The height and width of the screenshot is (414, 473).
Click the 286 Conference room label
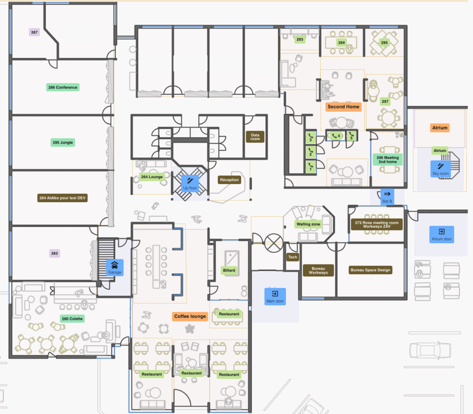pos(63,87)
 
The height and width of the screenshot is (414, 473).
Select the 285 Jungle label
pos(63,143)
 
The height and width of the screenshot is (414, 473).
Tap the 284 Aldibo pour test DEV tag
pos(62,198)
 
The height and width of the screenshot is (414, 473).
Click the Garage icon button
pos(115,268)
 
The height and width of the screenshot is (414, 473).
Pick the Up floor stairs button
pos(190,184)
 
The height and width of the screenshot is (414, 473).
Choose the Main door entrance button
pos(275,296)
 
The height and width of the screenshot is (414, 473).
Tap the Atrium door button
pos(442,234)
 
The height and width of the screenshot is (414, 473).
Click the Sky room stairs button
pos(440,169)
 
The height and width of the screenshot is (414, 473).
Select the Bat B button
pos(388,197)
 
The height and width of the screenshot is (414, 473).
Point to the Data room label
pos(255,137)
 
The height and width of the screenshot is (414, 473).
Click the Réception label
pos(229,180)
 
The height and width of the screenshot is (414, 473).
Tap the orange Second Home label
pos(343,107)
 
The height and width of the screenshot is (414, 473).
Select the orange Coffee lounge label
pos(190,316)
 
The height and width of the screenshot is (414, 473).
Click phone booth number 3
pos(310,138)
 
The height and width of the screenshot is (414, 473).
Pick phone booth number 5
pos(352,136)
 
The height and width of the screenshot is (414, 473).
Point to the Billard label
pos(229,270)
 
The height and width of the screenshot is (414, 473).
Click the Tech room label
pos(292,257)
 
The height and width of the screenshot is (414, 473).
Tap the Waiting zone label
pos(308,224)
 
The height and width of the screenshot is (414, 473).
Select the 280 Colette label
pos(72,319)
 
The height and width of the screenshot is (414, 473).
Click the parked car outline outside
pos(430,350)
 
